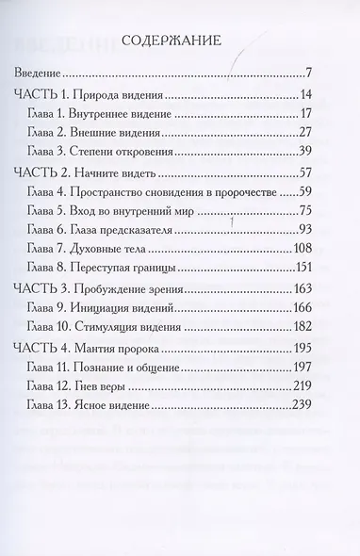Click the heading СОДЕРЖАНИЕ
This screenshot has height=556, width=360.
click(x=178, y=41)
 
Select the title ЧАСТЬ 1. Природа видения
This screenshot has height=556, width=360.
click(x=90, y=96)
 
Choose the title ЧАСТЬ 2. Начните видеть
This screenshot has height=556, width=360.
click(x=87, y=181)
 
